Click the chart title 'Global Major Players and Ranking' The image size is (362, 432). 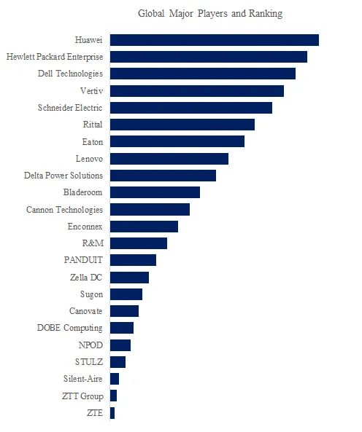pos(209,14)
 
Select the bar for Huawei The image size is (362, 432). pos(214,40)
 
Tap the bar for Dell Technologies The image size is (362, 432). pos(202,74)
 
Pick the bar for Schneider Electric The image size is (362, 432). pos(190,108)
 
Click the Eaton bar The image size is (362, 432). pos(177,141)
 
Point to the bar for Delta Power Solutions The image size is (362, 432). pos(163,176)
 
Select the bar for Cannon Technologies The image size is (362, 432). pos(150,210)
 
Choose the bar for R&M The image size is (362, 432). pos(138,243)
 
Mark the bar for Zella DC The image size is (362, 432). pos(129,278)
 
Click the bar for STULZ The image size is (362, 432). pos(118,362)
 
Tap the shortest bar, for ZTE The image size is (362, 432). pos(112,413)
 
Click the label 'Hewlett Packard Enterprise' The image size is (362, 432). pos(54,56)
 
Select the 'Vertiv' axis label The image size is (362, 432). pos(90,90)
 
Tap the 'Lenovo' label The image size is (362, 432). pos(89,158)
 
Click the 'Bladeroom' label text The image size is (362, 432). pos(83,192)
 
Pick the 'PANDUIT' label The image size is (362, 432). pos(83,260)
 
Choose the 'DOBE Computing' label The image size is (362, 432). pos(70,328)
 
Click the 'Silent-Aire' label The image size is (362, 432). pos(83,379)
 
